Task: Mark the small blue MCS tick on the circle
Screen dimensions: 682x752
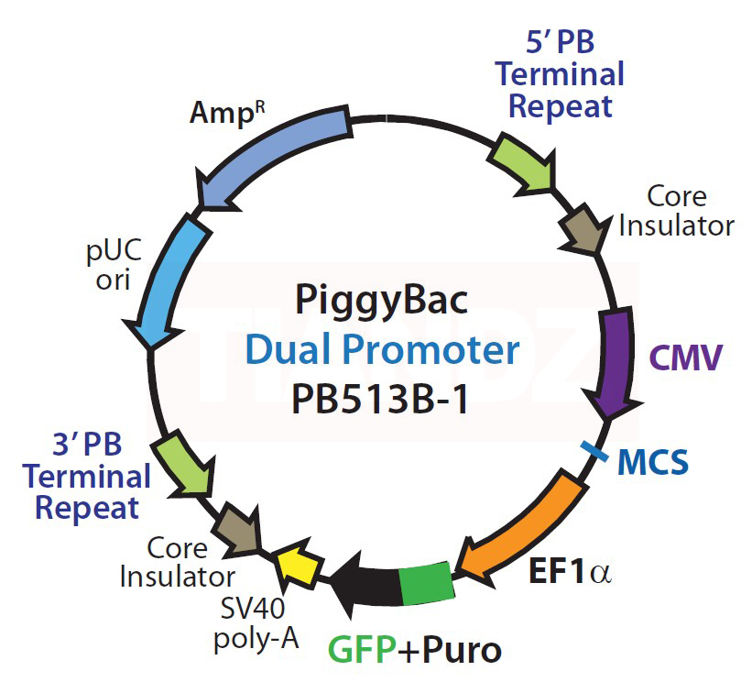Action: tap(595, 450)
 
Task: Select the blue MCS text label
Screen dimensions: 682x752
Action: tap(653, 463)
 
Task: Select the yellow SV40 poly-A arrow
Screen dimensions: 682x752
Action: tap(296, 566)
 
